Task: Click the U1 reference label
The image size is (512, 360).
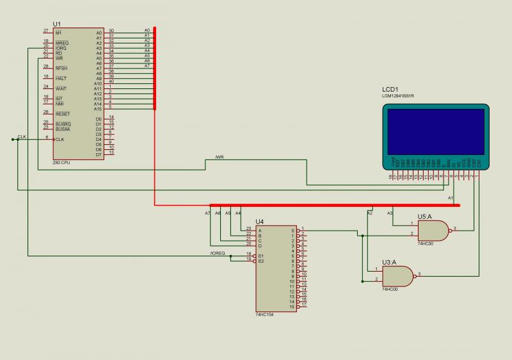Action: tap(56, 24)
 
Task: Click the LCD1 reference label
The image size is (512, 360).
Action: tap(390, 89)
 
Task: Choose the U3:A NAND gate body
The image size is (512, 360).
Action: tap(397, 275)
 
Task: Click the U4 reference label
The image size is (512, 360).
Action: tap(259, 222)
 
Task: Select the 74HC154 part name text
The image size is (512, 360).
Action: tap(264, 315)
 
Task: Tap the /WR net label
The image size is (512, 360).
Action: tap(220, 158)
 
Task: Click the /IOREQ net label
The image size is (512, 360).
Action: tap(218, 253)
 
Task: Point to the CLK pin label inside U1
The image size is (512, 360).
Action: tap(60, 140)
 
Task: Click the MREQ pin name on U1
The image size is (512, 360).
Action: tap(61, 43)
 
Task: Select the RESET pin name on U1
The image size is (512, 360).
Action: tap(62, 114)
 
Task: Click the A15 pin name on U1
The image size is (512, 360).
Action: tap(98, 109)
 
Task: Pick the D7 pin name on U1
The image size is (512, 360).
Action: tap(99, 154)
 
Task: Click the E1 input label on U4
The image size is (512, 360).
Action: tap(260, 256)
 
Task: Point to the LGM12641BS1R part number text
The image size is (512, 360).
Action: tap(398, 96)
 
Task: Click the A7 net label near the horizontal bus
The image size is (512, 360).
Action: tap(207, 213)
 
